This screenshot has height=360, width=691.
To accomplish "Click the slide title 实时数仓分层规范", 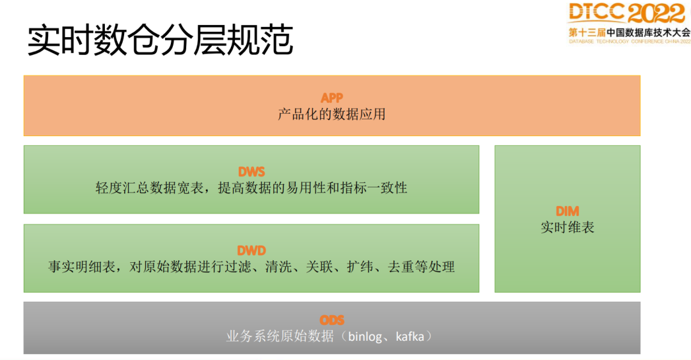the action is pyautogui.click(x=160, y=41).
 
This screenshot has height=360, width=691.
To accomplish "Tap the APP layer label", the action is pyautogui.click(x=331, y=98).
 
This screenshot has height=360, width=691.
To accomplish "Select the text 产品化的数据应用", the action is pyautogui.click(x=331, y=115).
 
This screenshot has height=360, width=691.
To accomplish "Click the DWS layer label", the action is pyautogui.click(x=251, y=171).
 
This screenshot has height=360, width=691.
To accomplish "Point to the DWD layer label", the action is pyautogui.click(x=251, y=251).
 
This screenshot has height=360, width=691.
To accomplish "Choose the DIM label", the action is pyautogui.click(x=568, y=210).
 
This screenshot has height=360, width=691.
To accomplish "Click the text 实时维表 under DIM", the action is pyautogui.click(x=568, y=228).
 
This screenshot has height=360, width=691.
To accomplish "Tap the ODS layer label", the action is pyautogui.click(x=331, y=320).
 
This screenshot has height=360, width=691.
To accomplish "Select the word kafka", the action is pyautogui.click(x=409, y=336).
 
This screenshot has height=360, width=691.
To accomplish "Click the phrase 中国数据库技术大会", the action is pyautogui.click(x=648, y=31).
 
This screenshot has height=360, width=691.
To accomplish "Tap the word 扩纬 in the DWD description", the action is pyautogui.click(x=360, y=267).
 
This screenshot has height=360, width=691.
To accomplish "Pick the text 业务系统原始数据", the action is pyautogui.click(x=280, y=336).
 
